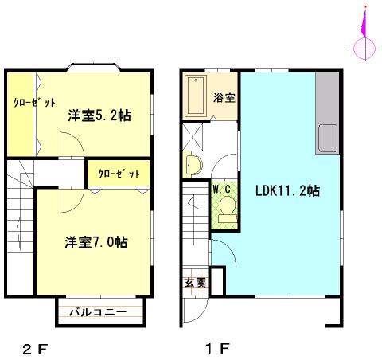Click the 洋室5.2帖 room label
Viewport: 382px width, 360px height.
pyautogui.click(x=99, y=115)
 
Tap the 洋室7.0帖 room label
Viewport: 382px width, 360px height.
pyautogui.click(x=96, y=242)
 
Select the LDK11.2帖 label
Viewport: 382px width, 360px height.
pyautogui.click(x=287, y=190)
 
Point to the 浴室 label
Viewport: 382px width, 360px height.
pyautogui.click(x=224, y=98)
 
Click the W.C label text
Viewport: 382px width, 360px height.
pyautogui.click(x=222, y=190)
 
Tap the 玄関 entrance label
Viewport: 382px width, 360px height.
pyautogui.click(x=195, y=283)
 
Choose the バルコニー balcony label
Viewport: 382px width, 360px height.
pyautogui.click(x=98, y=312)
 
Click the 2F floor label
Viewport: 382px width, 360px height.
pyautogui.click(x=35, y=349)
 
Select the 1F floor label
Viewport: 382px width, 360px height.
pyautogui.click(x=217, y=349)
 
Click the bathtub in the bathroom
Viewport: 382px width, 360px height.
pyautogui.click(x=196, y=96)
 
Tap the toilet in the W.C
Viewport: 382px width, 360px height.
pyautogui.click(x=228, y=209)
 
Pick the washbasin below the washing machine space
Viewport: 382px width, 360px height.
pyautogui.click(x=193, y=165)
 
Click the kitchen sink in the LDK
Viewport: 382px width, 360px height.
pyautogui.click(x=328, y=138)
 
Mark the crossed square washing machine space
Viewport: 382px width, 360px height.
pyautogui.click(x=193, y=136)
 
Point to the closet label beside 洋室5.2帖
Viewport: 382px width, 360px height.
pyautogui.click(x=34, y=102)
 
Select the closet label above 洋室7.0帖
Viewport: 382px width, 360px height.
pyautogui.click(x=119, y=174)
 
